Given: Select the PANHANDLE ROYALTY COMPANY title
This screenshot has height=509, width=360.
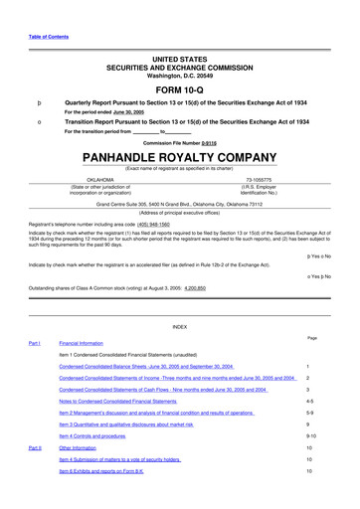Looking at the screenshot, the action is [179, 157].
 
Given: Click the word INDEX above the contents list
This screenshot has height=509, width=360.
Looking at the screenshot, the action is [180, 327].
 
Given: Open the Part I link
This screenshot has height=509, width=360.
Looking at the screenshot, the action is [34, 343].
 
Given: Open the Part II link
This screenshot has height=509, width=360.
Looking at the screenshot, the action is [34, 447].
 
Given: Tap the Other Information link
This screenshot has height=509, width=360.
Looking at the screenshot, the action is [87, 448].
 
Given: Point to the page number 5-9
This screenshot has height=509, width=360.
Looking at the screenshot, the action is [311, 413].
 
